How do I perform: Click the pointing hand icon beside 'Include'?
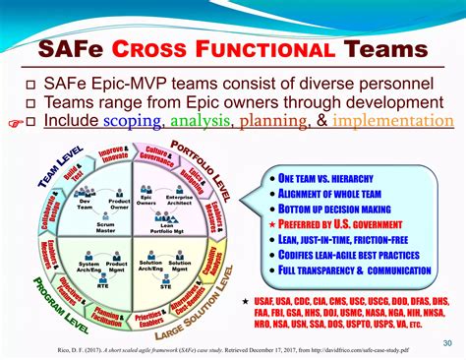[13, 122]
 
